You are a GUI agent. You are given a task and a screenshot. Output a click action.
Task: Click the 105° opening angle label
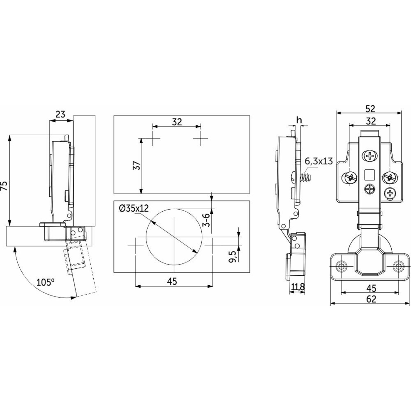coord(46,282)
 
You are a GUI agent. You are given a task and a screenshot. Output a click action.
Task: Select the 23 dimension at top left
coord(60,114)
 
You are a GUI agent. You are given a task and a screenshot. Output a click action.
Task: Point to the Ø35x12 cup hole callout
coord(134,208)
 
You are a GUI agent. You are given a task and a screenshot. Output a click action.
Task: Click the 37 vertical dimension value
coord(137,166)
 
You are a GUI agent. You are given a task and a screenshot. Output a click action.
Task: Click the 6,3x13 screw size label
coord(319,161)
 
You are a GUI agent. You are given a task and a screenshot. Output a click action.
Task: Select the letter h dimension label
coord(299,120)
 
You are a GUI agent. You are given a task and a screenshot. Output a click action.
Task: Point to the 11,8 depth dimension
coord(297,287)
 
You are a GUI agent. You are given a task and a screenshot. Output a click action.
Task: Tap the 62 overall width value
coord(371,299)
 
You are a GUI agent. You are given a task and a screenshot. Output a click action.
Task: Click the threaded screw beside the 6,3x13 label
coord(306,177)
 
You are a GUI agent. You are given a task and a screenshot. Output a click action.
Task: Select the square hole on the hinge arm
coord(369,174)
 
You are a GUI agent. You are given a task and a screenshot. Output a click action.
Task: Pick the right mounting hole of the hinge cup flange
coord(397,266)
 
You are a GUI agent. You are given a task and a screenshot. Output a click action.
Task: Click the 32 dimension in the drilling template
coord(177,122)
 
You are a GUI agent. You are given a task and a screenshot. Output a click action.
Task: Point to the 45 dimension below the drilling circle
coord(172,282)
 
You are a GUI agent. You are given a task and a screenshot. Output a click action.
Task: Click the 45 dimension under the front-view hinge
coord(371,288)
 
